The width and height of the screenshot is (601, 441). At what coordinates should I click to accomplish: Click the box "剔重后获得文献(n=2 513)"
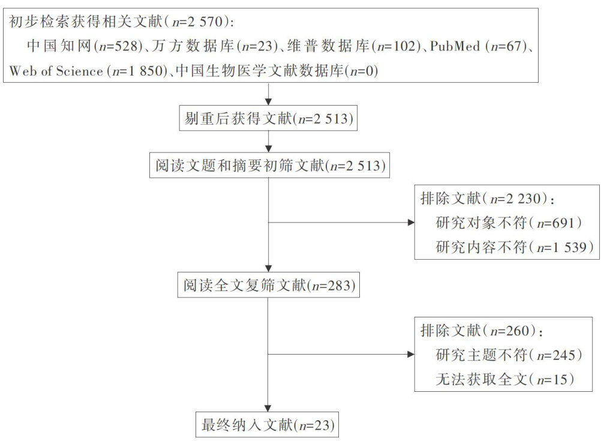click(x=269, y=119)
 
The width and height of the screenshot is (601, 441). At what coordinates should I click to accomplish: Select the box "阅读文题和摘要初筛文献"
click(x=269, y=166)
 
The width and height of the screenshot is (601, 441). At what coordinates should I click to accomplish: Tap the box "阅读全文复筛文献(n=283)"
click(x=269, y=286)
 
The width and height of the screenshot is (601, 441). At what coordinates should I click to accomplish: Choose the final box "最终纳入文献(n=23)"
click(x=269, y=425)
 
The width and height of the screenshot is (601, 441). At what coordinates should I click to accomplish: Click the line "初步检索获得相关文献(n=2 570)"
click(x=121, y=23)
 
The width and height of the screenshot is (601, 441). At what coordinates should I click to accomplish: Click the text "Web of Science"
click(x=56, y=71)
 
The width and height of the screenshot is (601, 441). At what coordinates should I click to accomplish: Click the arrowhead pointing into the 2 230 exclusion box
click(x=411, y=223)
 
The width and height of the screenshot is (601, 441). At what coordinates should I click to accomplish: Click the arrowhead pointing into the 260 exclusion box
click(x=411, y=355)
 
